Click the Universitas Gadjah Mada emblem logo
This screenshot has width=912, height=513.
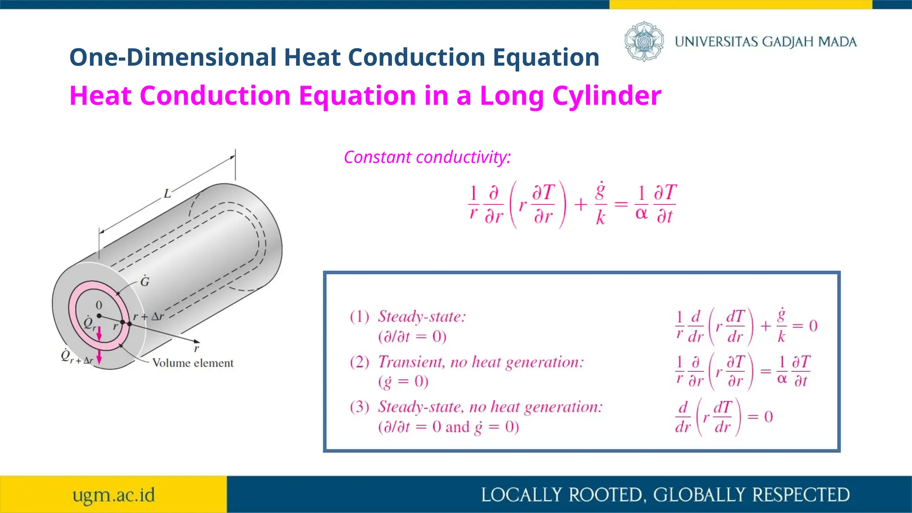point(643,41)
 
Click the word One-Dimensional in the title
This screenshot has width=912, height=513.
point(173,57)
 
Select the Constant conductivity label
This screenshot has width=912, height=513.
point(427,157)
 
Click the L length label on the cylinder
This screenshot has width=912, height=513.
point(167,194)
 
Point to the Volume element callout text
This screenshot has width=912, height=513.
point(192,363)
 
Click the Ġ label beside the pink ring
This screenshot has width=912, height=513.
point(145,281)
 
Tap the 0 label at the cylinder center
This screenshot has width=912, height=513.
point(99,305)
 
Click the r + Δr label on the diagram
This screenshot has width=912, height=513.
point(148,317)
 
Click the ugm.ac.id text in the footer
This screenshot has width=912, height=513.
point(114,495)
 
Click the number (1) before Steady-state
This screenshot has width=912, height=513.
point(359,317)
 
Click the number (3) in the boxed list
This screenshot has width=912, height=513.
point(359,407)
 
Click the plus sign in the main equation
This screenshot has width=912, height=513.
point(580,205)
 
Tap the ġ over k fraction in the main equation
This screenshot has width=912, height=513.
point(600,204)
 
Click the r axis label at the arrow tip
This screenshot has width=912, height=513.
point(196,349)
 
